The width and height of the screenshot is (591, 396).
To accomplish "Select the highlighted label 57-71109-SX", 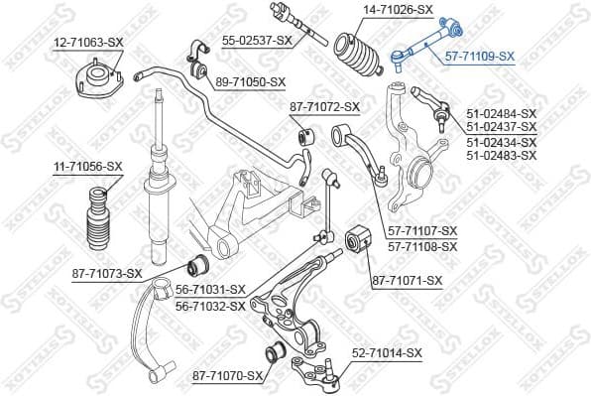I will pos(479,57).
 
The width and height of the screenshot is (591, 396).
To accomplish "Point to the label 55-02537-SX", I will pos(257,40).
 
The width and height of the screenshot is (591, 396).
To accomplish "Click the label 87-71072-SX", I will pos(324,106).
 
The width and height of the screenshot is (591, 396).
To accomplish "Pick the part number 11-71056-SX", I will pos(87,166).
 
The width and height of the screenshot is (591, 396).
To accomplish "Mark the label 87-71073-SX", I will pos(107,273).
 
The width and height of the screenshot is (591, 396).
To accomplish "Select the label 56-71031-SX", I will pos(210,289).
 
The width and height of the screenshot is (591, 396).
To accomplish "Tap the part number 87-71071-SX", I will pos(408,281).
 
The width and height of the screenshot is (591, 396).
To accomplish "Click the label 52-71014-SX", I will pos(387,352).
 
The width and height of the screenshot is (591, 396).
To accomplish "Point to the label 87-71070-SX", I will pos(228,375).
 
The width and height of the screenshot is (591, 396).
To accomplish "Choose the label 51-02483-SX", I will pos(500,156).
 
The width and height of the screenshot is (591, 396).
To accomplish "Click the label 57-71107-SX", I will pos(422,231).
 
